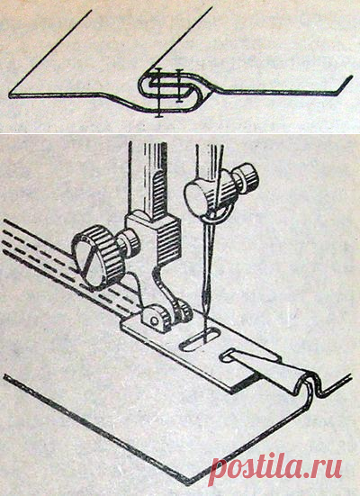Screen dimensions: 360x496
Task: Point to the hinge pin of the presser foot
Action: coord(155,320)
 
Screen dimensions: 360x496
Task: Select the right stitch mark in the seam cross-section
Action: coord(179,86)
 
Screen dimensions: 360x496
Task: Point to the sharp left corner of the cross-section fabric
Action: coord(11,95)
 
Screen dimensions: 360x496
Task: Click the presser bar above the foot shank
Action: coord(148,177)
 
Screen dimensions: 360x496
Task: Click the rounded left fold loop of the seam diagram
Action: coord(144,85)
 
